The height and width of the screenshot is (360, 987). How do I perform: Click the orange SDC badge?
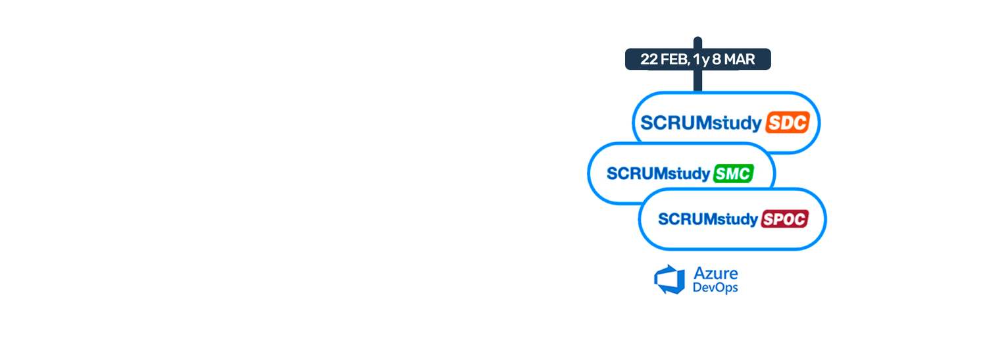coord(786,122)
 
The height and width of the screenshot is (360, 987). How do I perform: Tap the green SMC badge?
coord(733,173)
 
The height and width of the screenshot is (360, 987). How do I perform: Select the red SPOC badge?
coord(784,219)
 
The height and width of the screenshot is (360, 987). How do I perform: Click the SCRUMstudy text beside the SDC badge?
coord(701,123)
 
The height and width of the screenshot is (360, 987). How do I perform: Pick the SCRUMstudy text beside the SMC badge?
coord(659,174)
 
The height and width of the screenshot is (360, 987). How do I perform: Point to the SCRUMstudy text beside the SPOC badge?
coord(708,220)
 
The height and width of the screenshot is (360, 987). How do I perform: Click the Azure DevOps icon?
coord(670,279)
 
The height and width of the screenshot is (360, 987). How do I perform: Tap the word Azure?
coord(716,272)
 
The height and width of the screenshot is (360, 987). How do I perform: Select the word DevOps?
coord(715,288)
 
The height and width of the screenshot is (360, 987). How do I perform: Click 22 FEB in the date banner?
coord(663,59)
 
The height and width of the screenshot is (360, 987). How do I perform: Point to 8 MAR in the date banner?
coord(733,59)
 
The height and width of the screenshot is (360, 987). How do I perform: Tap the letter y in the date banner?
coord(705,60)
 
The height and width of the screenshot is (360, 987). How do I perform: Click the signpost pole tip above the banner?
coord(697,41)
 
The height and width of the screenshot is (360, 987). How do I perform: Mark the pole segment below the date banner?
coord(697,80)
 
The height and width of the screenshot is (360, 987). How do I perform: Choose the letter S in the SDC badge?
coord(774,123)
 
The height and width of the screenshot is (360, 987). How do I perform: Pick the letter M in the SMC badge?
coord(733,174)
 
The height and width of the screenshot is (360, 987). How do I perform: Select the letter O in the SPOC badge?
coord(788,219)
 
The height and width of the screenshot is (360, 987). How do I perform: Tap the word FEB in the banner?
coord(673,59)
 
